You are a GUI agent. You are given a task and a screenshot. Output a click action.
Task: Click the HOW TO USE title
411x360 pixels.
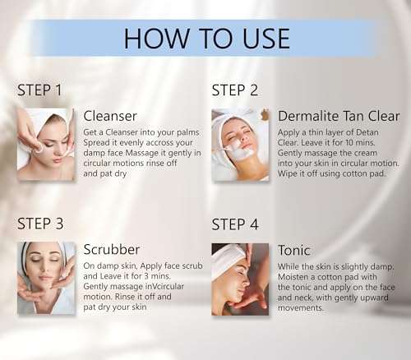206,38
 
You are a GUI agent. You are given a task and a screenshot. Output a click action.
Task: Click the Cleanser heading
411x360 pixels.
110,117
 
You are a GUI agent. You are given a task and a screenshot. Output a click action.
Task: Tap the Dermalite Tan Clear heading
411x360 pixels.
339,116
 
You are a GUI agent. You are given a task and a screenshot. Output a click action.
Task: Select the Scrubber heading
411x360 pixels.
111,250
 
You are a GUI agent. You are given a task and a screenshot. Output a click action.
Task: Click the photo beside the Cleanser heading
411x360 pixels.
46,145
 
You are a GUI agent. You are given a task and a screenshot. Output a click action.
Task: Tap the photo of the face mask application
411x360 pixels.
240,145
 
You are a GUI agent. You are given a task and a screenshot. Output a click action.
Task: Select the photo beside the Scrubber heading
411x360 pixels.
46,278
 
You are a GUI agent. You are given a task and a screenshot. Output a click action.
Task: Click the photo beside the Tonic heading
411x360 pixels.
240,278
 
